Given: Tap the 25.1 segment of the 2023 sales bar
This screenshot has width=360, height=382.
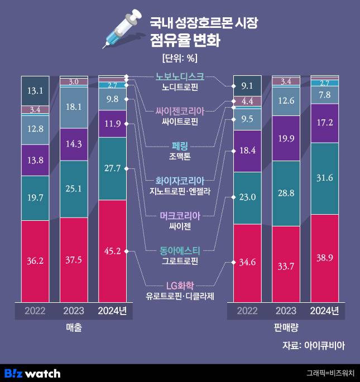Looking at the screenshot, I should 74,189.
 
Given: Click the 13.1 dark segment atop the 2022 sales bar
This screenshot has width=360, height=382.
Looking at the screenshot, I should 35,90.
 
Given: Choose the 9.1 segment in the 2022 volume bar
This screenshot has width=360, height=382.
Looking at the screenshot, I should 247,85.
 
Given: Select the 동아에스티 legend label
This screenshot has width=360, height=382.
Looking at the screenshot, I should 180,249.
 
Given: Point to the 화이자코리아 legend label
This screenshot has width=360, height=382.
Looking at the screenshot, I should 180,180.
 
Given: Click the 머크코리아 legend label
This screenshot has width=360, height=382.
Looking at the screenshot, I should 180,215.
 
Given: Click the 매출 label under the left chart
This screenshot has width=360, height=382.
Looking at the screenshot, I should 74,329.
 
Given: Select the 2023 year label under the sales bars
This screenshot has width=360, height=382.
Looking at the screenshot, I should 74,311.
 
